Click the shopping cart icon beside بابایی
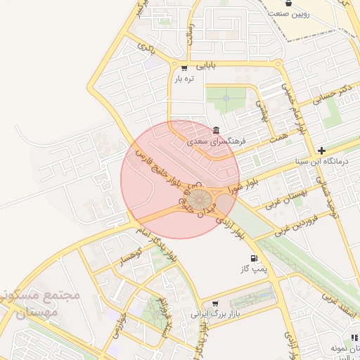pos(184,68)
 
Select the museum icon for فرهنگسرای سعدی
pos(215,130)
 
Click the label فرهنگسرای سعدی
pos(215,141)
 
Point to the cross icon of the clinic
pos(321,150)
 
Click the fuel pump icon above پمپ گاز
pos(253,259)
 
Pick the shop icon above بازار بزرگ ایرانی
pos(214,303)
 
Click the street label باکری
pos(146,49)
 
